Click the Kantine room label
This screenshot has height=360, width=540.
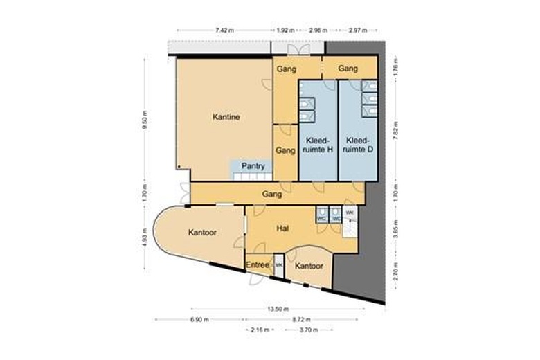coord(226,118)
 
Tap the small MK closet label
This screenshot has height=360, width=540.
coord(280,265)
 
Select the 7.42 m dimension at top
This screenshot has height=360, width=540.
coord(224,30)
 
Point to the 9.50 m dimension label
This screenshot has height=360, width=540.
coord(145,123)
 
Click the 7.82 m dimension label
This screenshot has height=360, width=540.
coord(395,129)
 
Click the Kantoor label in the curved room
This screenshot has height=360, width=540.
coord(202,233)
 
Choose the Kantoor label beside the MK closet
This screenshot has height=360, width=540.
coord(309,266)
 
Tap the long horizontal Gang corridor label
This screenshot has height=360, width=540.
coord(272,195)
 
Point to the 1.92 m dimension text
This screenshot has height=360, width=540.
coord(286,30)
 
